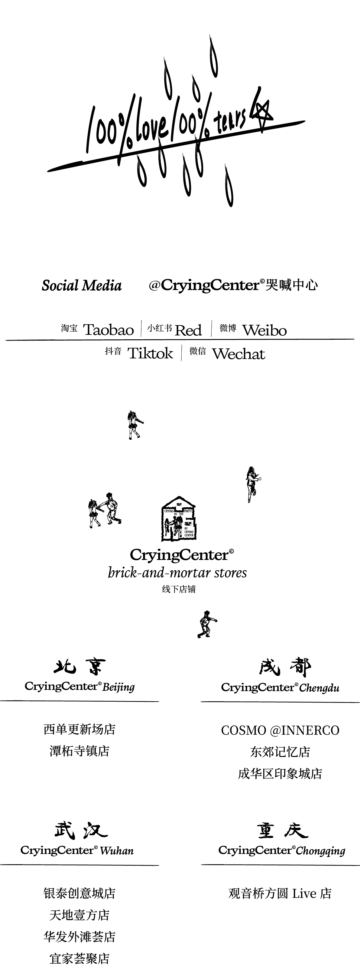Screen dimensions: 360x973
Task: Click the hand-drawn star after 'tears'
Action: (x=262, y=112)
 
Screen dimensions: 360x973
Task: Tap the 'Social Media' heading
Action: (x=82, y=286)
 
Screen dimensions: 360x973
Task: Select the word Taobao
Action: (x=109, y=330)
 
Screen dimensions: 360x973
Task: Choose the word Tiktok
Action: (x=150, y=354)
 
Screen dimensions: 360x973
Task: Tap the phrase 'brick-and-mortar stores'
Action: (x=177, y=573)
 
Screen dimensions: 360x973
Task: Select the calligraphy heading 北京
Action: (x=79, y=667)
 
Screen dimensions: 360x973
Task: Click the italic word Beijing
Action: (x=118, y=687)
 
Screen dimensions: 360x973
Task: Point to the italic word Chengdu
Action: (x=319, y=688)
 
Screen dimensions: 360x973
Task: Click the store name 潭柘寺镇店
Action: (x=79, y=751)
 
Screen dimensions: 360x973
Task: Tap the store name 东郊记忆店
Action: (x=280, y=752)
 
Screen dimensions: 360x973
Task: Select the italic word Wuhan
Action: (x=117, y=851)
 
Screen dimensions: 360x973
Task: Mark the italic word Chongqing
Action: (x=321, y=851)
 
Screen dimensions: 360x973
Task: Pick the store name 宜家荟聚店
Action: (x=79, y=958)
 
